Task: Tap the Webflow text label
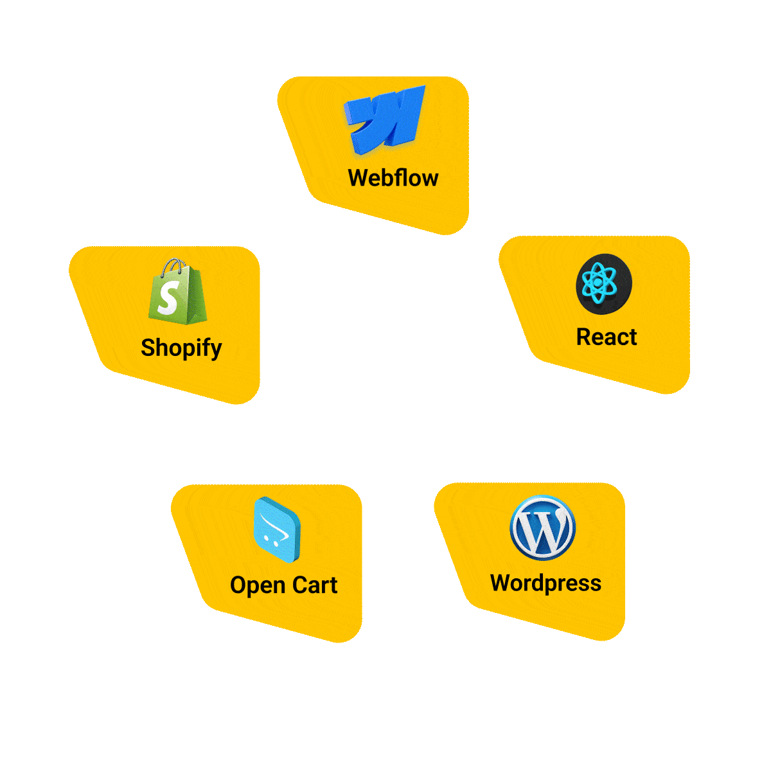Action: pyautogui.click(x=393, y=178)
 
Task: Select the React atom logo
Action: pyautogui.click(x=603, y=283)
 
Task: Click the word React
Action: pyautogui.click(x=606, y=337)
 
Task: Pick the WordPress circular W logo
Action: pyautogui.click(x=542, y=527)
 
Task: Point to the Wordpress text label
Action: pyautogui.click(x=545, y=583)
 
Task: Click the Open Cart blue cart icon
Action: pyautogui.click(x=277, y=531)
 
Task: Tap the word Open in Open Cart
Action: pyautogui.click(x=258, y=586)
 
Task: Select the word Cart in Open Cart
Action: pyautogui.click(x=315, y=585)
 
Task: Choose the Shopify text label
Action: pyautogui.click(x=181, y=348)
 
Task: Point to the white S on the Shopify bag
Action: pyautogui.click(x=168, y=298)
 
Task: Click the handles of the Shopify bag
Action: pyautogui.click(x=175, y=265)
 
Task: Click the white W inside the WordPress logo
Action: pyautogui.click(x=543, y=528)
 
